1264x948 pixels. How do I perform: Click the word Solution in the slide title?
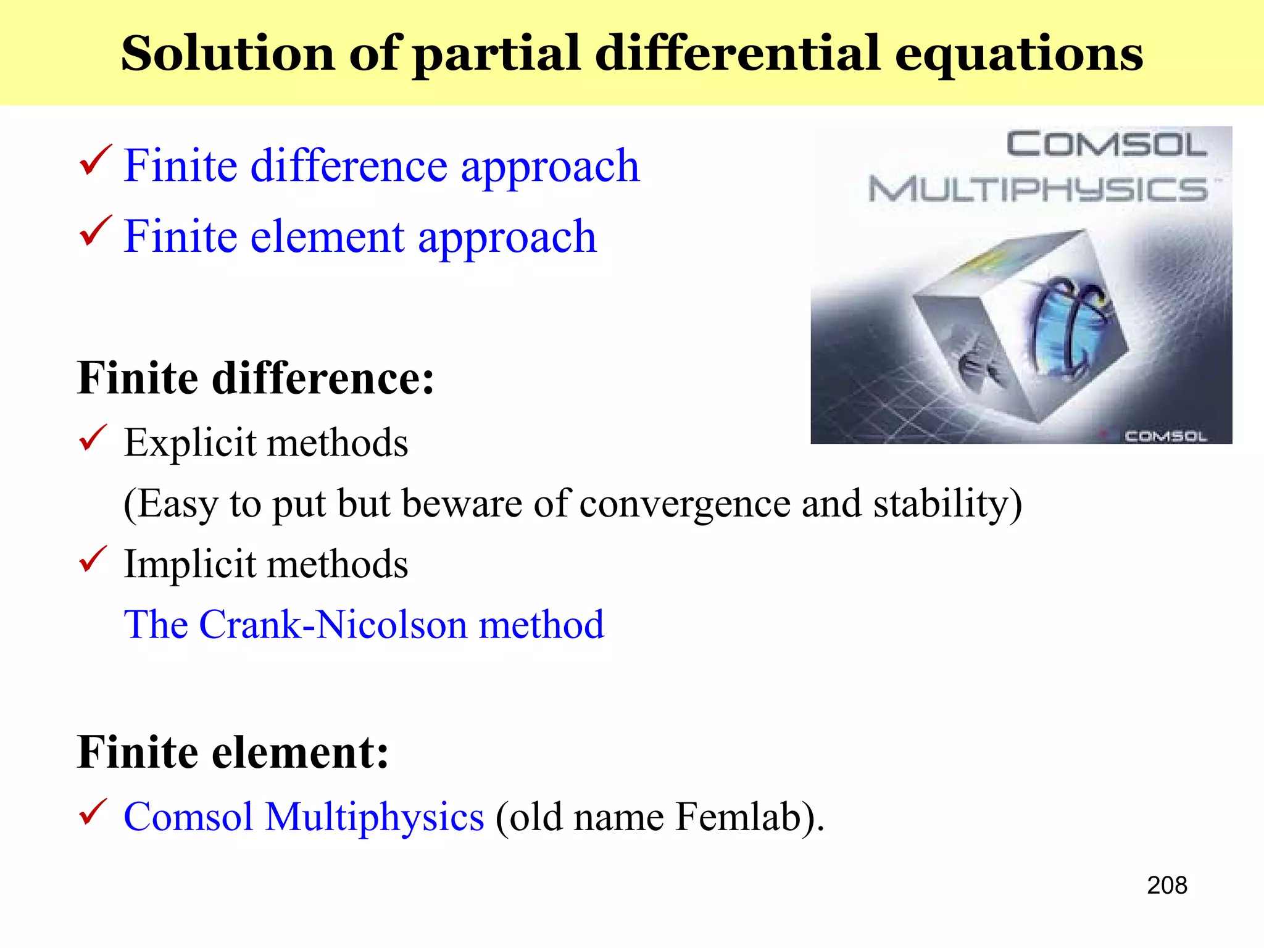[227, 54]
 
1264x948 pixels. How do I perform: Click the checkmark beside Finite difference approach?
[96, 160]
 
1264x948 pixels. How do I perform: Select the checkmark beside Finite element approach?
[96, 231]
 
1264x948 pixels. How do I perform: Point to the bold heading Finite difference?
[256, 378]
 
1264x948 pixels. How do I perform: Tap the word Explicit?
[189, 443]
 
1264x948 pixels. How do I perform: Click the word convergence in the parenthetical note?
[685, 504]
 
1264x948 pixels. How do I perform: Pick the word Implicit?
[189, 565]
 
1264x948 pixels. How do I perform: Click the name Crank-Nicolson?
[333, 625]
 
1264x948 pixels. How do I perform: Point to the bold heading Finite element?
[233, 752]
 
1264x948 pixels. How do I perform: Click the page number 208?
[1166, 885]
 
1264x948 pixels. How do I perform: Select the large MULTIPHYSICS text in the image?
[1037, 189]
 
